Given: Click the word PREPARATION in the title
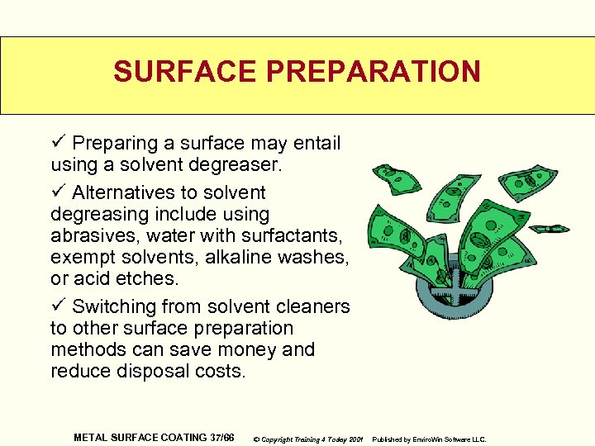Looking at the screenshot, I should pyautogui.click(x=374, y=72).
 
